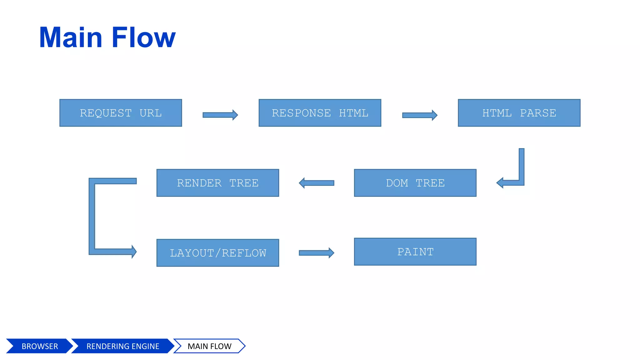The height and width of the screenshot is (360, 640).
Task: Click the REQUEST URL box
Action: [x=121, y=113]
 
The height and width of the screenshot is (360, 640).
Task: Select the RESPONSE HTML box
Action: [x=320, y=113]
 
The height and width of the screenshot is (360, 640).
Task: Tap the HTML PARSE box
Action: [x=519, y=113]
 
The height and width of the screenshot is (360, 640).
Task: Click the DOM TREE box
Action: [x=415, y=183]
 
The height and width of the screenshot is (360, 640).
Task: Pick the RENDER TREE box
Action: [x=217, y=183]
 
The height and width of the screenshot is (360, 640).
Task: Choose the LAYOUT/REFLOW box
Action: [x=217, y=253]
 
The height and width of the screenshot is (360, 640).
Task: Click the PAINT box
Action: [x=415, y=252]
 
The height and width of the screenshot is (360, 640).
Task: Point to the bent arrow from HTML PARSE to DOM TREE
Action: [x=521, y=169]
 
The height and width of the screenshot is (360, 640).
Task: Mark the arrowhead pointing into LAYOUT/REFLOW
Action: [x=133, y=252]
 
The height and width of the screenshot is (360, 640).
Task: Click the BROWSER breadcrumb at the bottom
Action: [x=40, y=346]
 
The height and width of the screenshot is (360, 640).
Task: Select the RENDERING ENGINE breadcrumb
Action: [x=122, y=346]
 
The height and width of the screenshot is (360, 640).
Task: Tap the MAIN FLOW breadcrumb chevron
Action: [x=209, y=346]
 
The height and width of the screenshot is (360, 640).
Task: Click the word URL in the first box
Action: [x=151, y=113]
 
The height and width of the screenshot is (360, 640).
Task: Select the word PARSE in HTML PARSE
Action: [x=538, y=113]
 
